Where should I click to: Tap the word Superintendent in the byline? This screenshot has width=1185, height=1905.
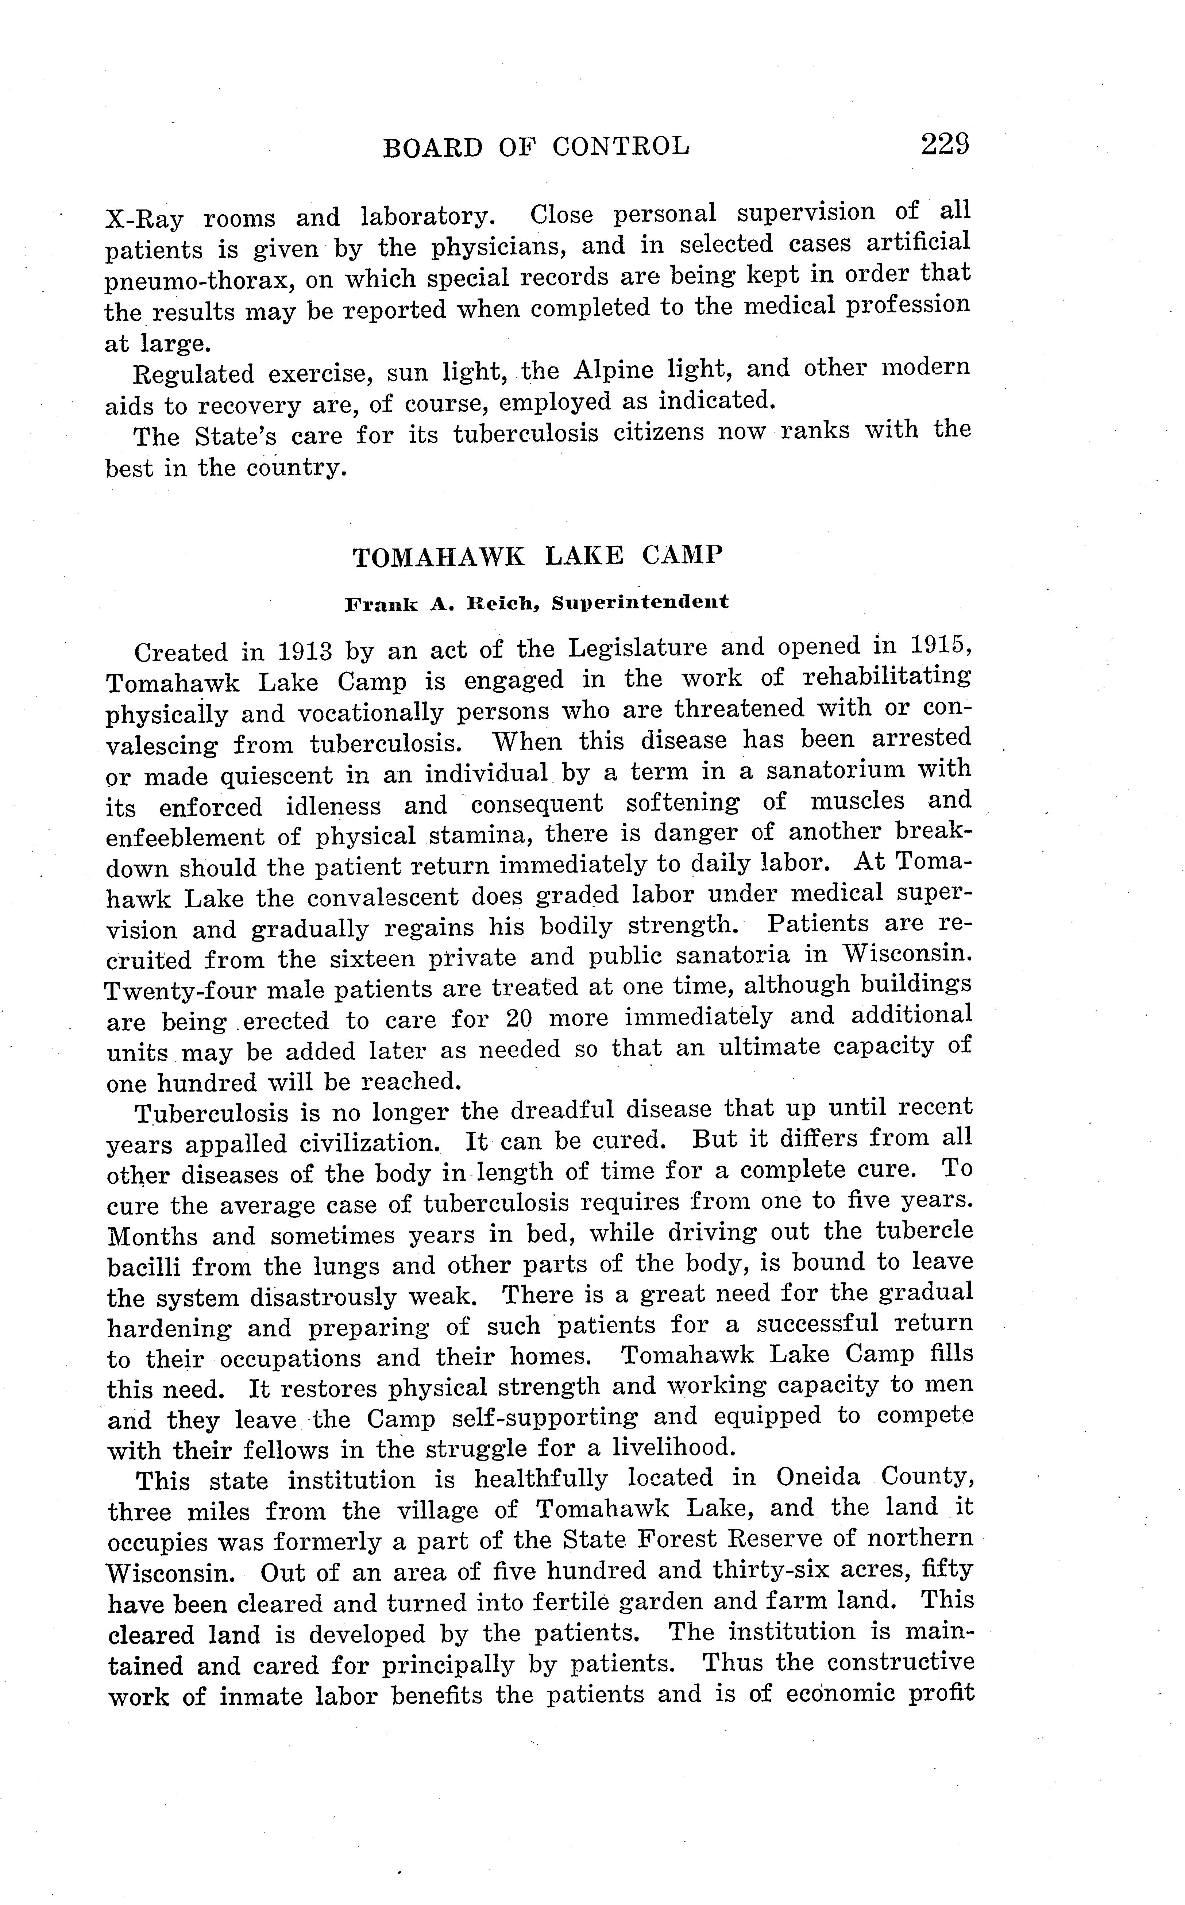pos(640,602)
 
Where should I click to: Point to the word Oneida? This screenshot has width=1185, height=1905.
pos(820,1478)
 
